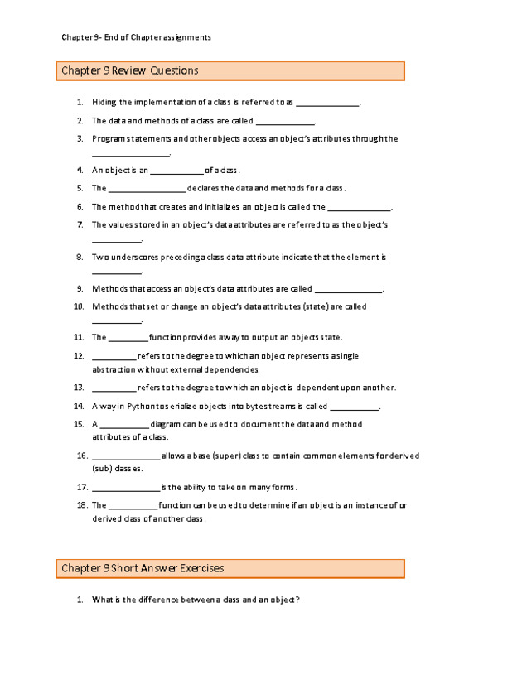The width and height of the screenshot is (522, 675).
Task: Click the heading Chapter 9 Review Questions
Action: click(x=130, y=71)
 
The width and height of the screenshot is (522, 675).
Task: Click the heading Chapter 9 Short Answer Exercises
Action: click(x=143, y=568)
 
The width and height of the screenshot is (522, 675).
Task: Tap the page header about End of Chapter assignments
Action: click(x=137, y=36)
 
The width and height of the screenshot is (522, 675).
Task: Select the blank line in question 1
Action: click(x=327, y=104)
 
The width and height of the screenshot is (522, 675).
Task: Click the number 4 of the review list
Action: click(x=79, y=170)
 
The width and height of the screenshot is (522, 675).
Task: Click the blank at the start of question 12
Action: click(x=114, y=357)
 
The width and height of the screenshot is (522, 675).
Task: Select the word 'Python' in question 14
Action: click(x=135, y=407)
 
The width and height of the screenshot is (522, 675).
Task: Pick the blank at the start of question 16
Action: click(x=125, y=456)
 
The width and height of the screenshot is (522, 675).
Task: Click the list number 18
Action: click(x=81, y=504)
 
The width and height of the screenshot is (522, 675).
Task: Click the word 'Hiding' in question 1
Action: click(x=104, y=103)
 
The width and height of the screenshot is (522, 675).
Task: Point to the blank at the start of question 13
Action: click(x=114, y=388)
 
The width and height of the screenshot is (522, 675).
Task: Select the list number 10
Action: click(x=79, y=306)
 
